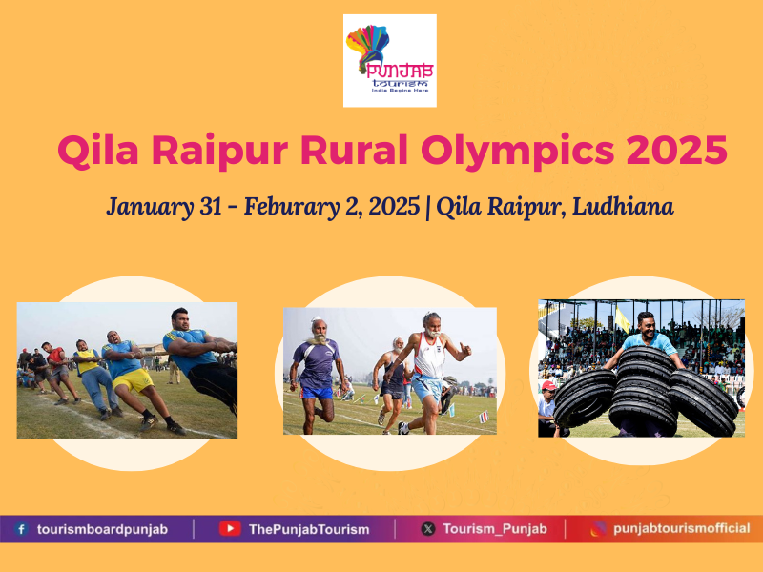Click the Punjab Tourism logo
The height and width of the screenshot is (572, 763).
(x=390, y=61)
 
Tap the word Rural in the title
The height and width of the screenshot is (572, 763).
(x=354, y=150)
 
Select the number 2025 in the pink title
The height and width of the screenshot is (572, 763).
(x=677, y=150)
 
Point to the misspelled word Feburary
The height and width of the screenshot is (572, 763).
(x=292, y=207)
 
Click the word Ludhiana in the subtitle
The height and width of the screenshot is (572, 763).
(x=623, y=206)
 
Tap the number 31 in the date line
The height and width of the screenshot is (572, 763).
(x=211, y=206)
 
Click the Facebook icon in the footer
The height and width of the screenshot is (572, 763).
(x=21, y=529)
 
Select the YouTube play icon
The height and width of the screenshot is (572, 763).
(x=230, y=529)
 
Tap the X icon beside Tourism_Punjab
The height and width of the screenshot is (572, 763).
(x=428, y=529)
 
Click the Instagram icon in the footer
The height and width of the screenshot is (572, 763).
(x=598, y=528)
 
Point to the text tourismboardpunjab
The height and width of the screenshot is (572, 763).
(x=103, y=529)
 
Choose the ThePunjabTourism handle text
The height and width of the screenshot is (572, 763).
(x=309, y=529)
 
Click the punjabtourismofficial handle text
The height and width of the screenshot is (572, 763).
(x=682, y=529)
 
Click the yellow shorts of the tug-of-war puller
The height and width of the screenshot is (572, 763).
(x=133, y=380)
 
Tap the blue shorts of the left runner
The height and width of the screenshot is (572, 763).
(x=317, y=392)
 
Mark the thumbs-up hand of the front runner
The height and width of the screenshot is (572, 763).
(x=465, y=349)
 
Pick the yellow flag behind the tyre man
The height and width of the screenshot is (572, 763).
(x=623, y=320)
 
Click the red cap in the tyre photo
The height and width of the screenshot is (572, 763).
(x=548, y=386)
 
